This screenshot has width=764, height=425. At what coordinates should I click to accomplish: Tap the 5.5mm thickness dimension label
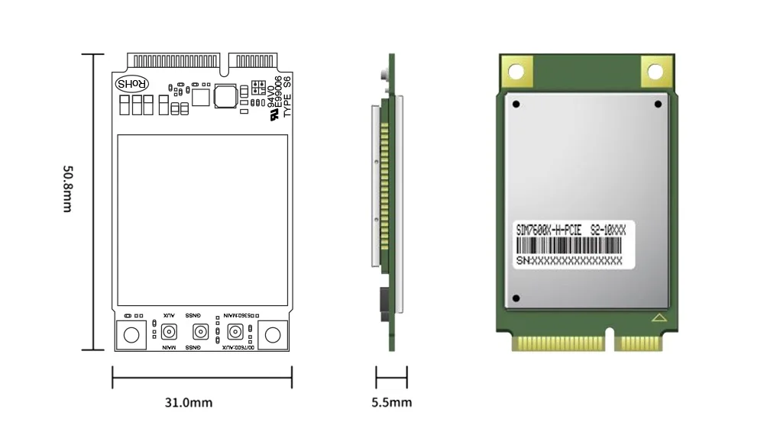point(391,402)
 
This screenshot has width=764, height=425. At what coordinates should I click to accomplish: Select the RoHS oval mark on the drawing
point(131,83)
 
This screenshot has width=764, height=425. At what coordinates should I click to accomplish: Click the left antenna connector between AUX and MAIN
point(168,332)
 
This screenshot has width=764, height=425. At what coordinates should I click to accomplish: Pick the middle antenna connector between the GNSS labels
point(200,332)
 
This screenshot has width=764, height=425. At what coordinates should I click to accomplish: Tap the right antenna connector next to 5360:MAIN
point(235,332)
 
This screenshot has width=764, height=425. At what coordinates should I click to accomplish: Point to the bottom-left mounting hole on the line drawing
point(131,334)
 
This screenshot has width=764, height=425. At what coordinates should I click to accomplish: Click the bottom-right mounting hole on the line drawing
point(273,334)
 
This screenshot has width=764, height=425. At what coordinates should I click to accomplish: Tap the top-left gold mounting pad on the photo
point(516,72)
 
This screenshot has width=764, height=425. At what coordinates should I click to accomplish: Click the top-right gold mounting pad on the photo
point(656,72)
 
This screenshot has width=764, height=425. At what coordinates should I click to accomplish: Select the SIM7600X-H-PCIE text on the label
point(549,229)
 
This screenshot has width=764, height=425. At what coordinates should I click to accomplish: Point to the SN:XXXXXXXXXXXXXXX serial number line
point(570,260)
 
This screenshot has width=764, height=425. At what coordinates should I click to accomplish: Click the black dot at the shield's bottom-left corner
point(517,298)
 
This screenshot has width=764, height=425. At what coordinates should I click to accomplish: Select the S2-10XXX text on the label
point(608,229)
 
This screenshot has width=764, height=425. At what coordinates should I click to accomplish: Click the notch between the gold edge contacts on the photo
point(611,338)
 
